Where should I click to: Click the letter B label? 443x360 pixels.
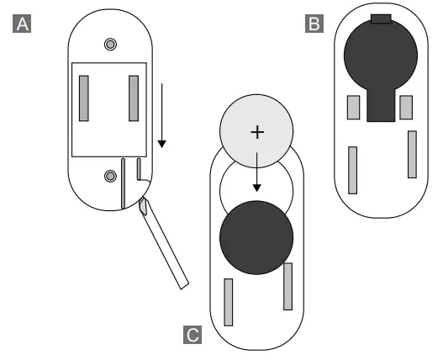pyautogui.click(x=314, y=24)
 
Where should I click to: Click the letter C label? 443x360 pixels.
pyautogui.click(x=192, y=336)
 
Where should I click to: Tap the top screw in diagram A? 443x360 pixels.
pyautogui.click(x=110, y=44)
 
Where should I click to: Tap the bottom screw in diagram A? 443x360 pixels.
pyautogui.click(x=110, y=175)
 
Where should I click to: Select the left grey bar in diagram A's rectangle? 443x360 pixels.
pyautogui.click(x=84, y=98)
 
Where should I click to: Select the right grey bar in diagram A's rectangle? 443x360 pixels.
pyautogui.click(x=134, y=98)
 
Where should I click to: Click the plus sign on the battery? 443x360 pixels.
pyautogui.click(x=256, y=133)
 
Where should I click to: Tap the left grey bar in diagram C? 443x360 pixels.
pyautogui.click(x=228, y=301)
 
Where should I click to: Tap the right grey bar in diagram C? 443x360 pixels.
pyautogui.click(x=287, y=287)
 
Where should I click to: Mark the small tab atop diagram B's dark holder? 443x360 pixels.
pyautogui.click(x=381, y=18)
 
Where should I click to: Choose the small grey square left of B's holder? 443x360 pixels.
pyautogui.click(x=353, y=107)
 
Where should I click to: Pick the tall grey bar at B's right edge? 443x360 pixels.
pyautogui.click(x=412, y=154)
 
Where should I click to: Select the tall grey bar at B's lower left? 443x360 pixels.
pyautogui.click(x=352, y=170)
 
